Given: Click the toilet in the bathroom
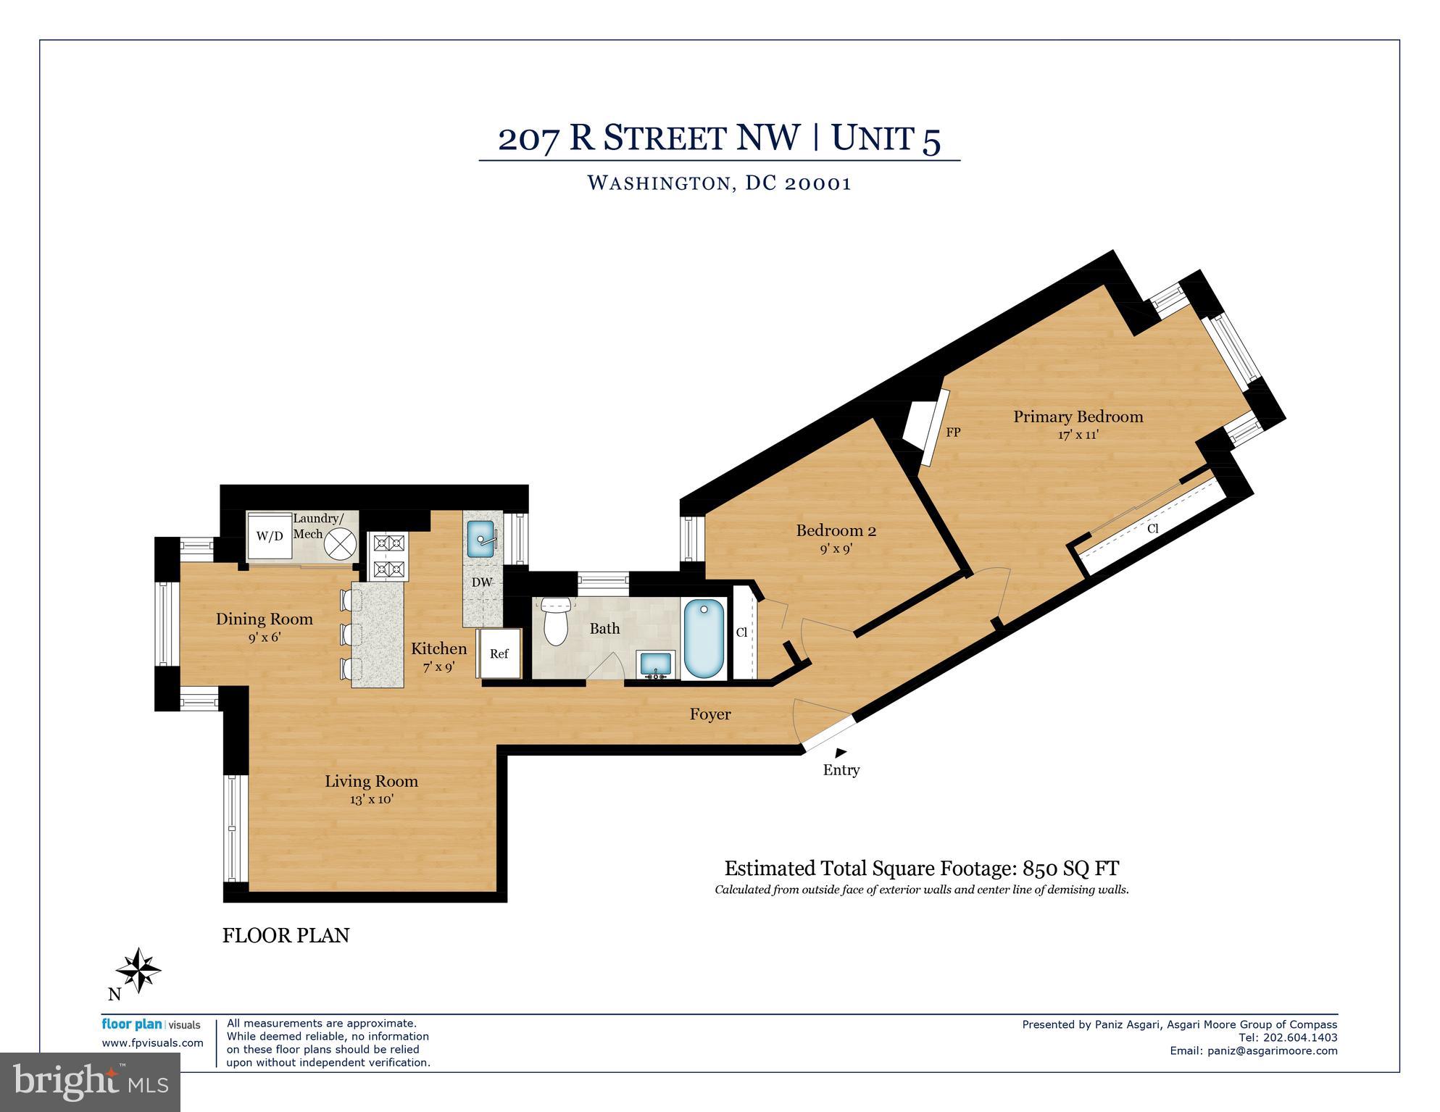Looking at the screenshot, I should click(x=556, y=622).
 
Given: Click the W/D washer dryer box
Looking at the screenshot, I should click(x=270, y=536).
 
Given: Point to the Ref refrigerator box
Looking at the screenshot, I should click(x=499, y=653).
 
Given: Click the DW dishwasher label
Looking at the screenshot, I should click(x=482, y=582).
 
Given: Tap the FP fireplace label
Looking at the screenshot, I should click(x=953, y=432).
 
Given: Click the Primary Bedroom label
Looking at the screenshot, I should click(x=1078, y=417).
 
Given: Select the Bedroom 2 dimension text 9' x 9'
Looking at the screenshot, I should click(x=836, y=549).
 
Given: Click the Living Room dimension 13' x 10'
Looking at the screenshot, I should click(x=371, y=800).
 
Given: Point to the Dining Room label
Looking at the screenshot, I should click(x=265, y=619).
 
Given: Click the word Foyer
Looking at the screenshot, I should click(x=709, y=714).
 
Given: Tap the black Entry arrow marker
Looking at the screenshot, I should click(x=841, y=753).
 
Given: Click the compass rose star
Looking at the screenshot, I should click(x=138, y=969).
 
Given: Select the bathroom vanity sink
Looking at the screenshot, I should click(x=655, y=664).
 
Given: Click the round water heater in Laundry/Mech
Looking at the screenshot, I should click(x=340, y=543).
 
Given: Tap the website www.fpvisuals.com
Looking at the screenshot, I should click(x=152, y=1043).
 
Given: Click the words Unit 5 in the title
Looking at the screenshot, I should click(x=886, y=138).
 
